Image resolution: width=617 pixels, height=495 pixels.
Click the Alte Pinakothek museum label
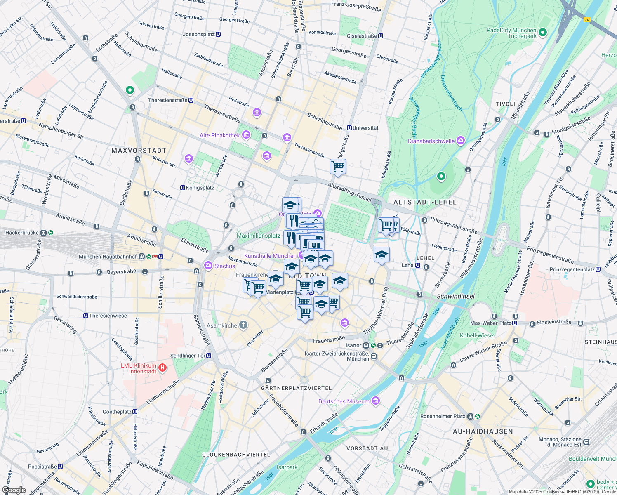220,135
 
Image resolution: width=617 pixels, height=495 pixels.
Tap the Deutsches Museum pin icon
375,401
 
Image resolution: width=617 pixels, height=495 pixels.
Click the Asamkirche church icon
243,325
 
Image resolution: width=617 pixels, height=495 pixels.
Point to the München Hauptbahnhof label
108,257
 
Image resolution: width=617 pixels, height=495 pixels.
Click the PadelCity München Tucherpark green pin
543,32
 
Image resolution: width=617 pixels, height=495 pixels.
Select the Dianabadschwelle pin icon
460,141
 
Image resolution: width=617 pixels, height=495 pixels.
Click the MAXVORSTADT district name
139,151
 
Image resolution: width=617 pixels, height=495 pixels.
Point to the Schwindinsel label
455,296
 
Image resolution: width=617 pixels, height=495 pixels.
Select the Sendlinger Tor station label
188,356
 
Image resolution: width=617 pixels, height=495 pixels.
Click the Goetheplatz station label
117,412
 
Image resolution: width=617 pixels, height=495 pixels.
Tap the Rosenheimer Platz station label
443,416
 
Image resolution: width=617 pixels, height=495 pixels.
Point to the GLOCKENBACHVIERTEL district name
236,455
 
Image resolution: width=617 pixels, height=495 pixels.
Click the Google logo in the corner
14,490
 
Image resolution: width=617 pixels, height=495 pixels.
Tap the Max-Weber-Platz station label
491,323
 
